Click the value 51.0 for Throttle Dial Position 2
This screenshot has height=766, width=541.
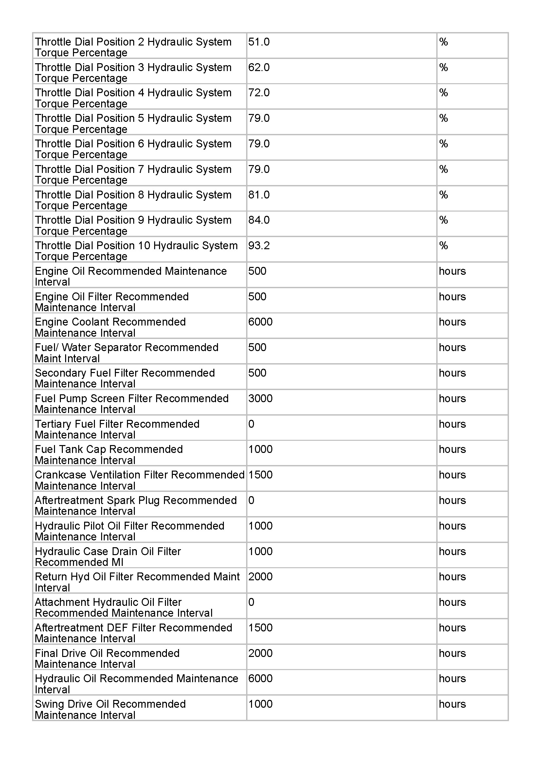259,42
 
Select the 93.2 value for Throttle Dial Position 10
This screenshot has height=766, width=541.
259,246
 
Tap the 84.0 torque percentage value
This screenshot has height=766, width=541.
259,220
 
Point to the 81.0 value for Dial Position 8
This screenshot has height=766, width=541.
259,195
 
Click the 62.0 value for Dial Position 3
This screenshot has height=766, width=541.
259,67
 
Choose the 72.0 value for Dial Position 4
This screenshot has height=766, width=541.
259,93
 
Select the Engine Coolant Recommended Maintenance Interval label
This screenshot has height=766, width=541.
110,327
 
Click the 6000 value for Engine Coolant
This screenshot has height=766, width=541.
260,322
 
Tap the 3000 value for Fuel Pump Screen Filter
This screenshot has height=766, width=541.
260,398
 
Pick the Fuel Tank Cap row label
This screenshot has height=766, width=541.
109,455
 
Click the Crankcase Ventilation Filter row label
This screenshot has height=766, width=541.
139,480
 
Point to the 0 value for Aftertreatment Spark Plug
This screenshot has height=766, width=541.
251,500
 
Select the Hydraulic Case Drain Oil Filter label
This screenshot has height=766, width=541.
108,556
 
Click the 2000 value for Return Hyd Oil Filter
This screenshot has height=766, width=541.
260,576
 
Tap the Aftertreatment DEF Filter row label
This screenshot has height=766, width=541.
133,633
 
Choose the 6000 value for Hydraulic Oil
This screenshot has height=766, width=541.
260,679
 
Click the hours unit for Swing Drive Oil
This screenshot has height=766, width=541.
452,704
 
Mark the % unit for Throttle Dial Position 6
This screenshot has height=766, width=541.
443,144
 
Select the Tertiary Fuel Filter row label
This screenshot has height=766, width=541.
117,429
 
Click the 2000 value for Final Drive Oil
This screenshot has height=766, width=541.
260,653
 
